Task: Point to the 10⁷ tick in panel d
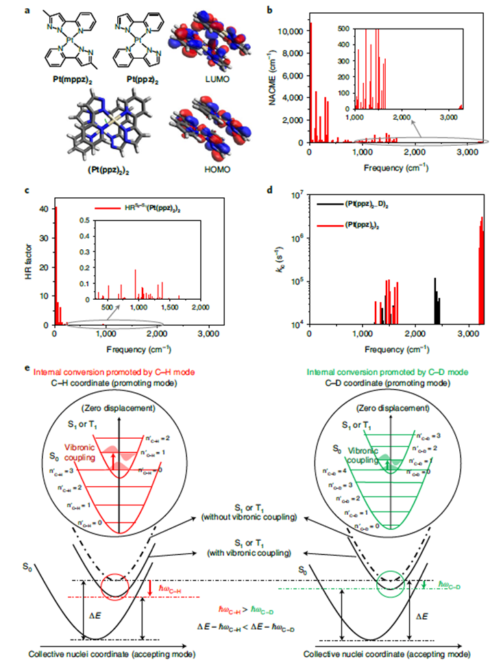[297, 196]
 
